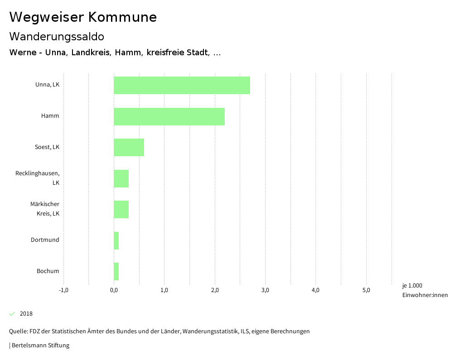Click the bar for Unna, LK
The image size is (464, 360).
tap(182, 85)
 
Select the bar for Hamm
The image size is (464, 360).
tap(169, 116)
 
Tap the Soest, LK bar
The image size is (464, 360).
tap(129, 147)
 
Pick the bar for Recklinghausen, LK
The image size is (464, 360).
tap(121, 178)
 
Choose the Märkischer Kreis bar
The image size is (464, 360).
tap(121, 209)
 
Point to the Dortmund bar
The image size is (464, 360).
tap(116, 240)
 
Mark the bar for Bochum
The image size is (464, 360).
tap(116, 271)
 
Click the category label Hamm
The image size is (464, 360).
tap(50, 116)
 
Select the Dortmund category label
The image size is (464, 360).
tap(45, 240)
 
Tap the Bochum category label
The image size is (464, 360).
tap(48, 271)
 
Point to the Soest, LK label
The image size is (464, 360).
tap(47, 147)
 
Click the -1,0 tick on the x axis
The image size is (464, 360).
tap(63, 290)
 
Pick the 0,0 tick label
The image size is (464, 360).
tap(114, 290)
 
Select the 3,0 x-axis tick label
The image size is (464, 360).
tap(266, 290)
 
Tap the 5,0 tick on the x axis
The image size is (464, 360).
tap(367, 290)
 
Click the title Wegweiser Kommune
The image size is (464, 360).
tap(83, 17)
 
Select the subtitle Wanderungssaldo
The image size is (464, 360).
tap(57, 36)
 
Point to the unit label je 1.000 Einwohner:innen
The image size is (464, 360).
tap(425, 290)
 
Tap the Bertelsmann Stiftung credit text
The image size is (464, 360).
tap(40, 346)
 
